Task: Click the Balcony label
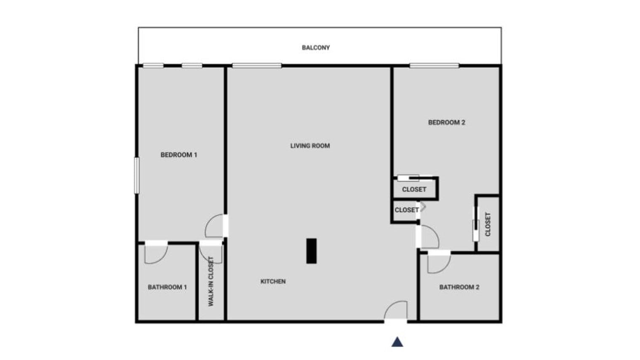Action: click(x=315, y=48)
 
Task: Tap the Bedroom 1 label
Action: click(x=179, y=155)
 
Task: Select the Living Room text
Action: click(x=310, y=146)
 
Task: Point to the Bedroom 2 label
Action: click(x=446, y=123)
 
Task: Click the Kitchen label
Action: click(x=273, y=281)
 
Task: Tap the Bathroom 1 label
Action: click(x=167, y=287)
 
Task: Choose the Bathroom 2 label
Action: click(x=459, y=287)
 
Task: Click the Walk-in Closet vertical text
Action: click(x=211, y=281)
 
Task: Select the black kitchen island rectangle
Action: click(x=311, y=251)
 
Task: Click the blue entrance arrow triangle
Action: click(x=397, y=342)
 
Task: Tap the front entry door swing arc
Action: click(x=396, y=310)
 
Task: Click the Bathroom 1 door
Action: click(x=155, y=253)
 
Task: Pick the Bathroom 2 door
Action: click(x=438, y=262)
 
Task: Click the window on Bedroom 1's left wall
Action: click(x=136, y=175)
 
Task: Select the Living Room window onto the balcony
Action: click(x=256, y=65)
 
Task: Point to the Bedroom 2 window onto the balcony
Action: click(x=434, y=65)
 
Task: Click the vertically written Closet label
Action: click(x=488, y=224)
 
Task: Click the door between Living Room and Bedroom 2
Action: click(x=429, y=237)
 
